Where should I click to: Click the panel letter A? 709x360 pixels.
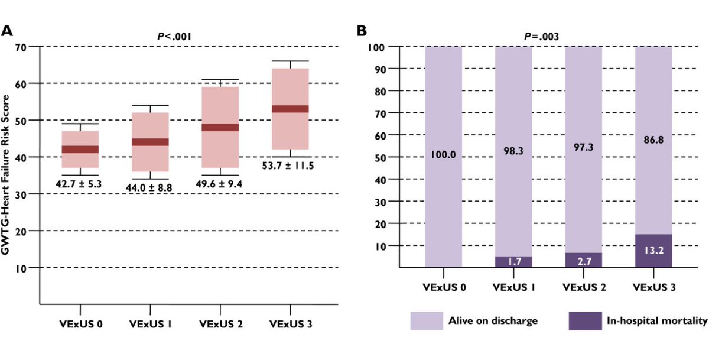8,30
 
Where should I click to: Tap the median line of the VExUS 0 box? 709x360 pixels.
80,149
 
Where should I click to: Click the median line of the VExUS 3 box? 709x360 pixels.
290,109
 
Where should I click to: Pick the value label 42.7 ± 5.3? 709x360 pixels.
80,184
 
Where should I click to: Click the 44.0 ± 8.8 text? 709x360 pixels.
150,187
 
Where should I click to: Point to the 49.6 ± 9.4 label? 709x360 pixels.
220,183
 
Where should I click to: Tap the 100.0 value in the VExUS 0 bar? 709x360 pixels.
444,155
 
